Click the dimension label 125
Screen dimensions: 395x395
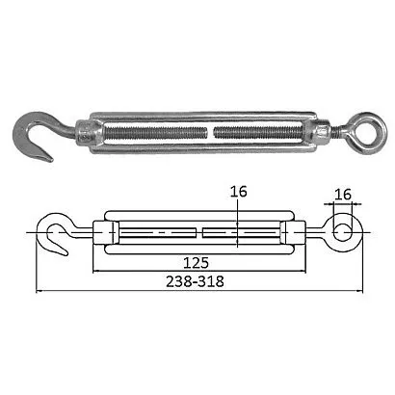pos(196,263)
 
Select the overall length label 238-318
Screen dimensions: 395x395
pos(195,282)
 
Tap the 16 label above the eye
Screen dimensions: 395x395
pos(343,195)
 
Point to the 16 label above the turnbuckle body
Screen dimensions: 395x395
pos(239,192)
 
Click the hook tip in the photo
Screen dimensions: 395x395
pos(48,159)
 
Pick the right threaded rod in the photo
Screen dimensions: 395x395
pos(258,132)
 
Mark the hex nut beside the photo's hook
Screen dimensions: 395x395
pos(84,132)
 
